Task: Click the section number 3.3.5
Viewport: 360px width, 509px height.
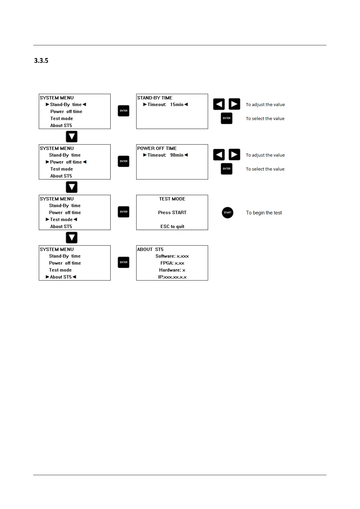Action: [x=41, y=60]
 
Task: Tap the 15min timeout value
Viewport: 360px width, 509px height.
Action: [x=177, y=105]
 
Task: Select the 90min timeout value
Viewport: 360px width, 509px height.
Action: [x=177, y=155]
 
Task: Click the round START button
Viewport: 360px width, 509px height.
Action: [x=227, y=212]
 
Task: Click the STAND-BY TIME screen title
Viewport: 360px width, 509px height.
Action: [x=155, y=98]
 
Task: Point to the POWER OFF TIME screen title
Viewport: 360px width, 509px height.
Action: [x=157, y=148]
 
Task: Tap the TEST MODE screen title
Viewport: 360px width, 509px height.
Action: [x=172, y=199]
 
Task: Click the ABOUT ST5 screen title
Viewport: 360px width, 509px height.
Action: [x=150, y=249]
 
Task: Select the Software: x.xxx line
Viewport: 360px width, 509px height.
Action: [x=172, y=256]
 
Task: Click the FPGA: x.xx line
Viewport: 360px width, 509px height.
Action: [x=172, y=263]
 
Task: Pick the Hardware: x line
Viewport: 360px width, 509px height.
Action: [x=172, y=270]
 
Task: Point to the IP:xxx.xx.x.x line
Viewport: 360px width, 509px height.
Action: [x=172, y=277]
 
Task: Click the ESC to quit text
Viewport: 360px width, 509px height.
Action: [x=172, y=226]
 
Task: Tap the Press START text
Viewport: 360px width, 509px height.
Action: [x=172, y=212]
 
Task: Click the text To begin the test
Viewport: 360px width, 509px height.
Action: [x=264, y=213]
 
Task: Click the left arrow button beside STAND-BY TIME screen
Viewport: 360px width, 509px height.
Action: [x=219, y=104]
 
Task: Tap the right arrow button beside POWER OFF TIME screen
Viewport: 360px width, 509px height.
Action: [x=234, y=154]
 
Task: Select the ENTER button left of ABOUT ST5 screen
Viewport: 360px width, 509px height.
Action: [x=123, y=262]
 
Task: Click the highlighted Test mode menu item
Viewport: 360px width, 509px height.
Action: [x=61, y=219]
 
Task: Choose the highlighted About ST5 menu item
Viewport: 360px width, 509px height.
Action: [x=61, y=277]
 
